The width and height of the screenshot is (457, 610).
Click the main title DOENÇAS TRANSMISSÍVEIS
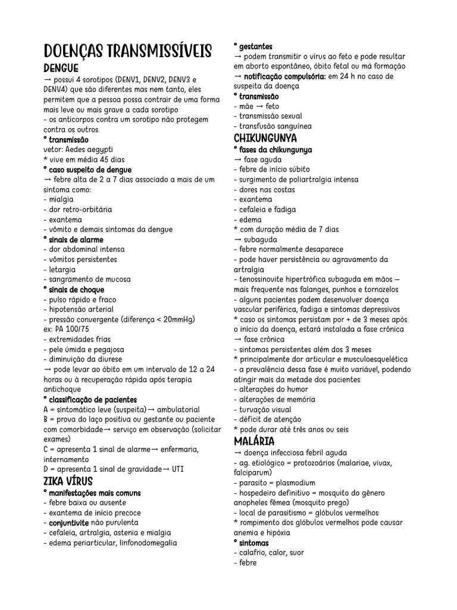127,51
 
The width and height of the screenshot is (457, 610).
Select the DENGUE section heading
61,69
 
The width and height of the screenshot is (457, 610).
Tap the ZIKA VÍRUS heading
68,481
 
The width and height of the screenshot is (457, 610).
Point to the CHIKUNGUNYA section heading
264,139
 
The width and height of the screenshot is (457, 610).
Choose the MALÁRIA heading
254,441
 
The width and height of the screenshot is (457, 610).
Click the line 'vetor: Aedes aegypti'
79,150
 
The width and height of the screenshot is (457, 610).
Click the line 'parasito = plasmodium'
274,483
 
